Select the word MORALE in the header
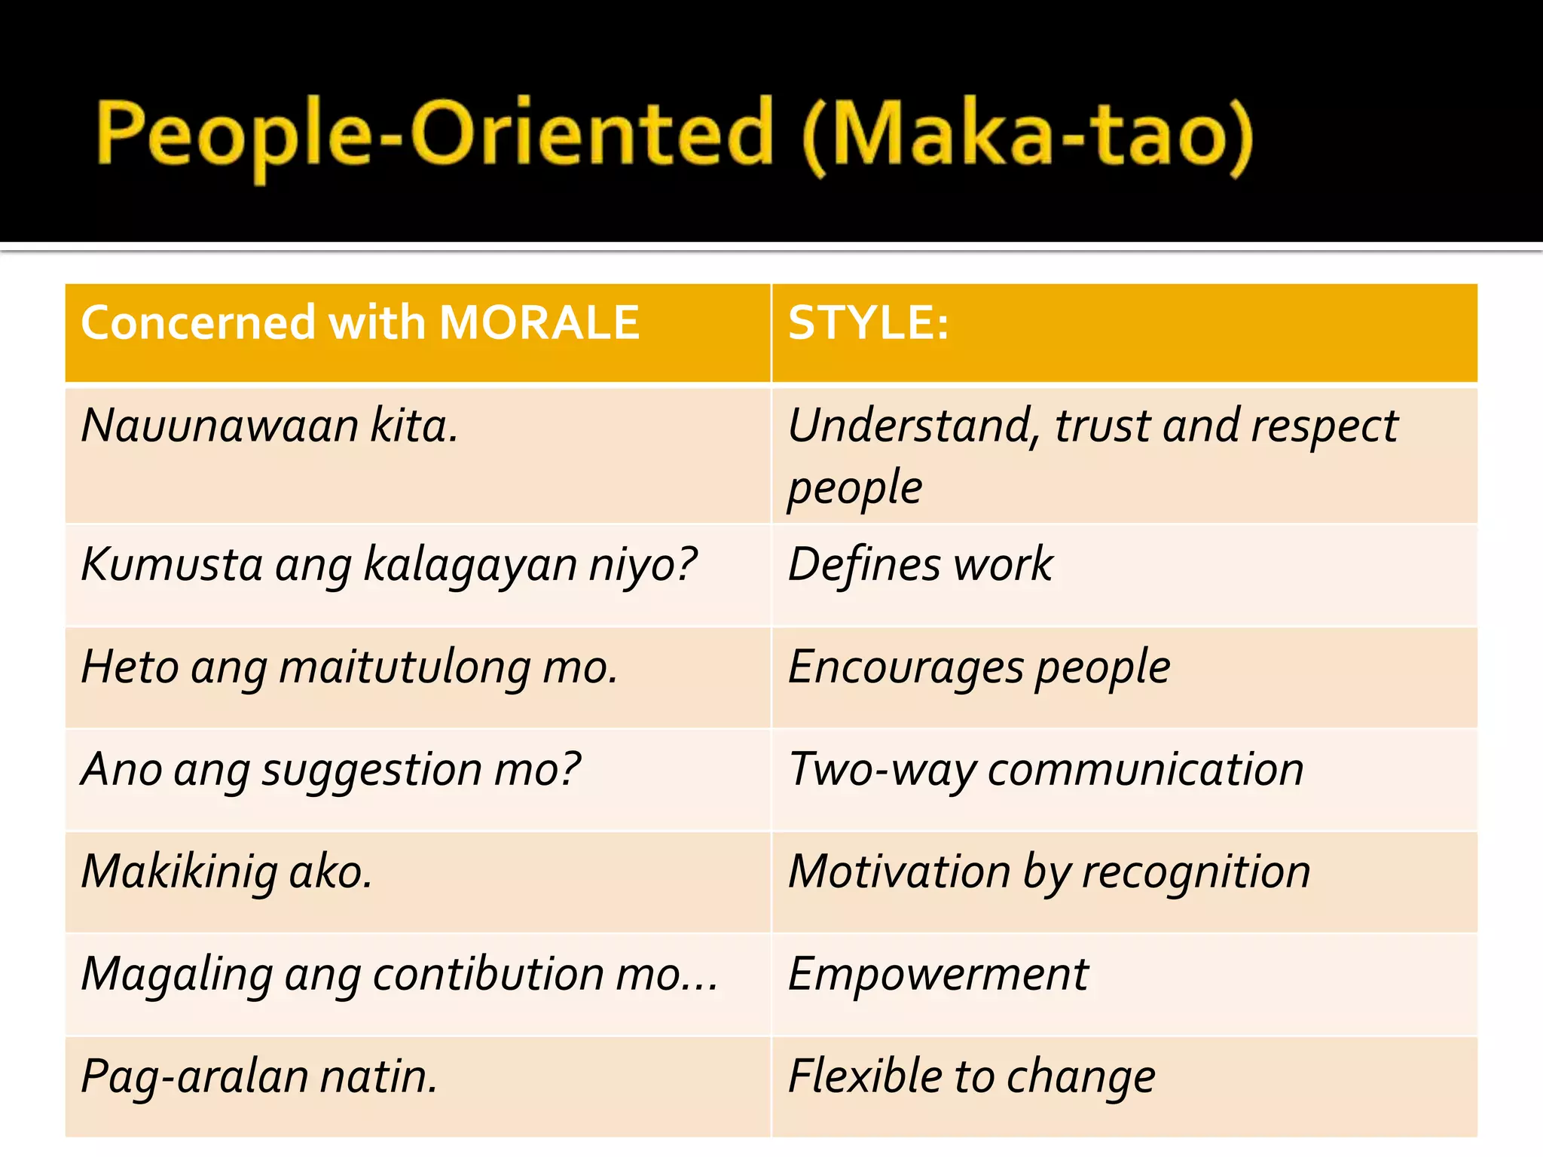click(x=539, y=323)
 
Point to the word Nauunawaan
click(x=219, y=426)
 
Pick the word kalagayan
click(x=470, y=565)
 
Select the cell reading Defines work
click(x=920, y=564)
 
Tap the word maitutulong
click(x=404, y=668)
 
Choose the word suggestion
click(x=371, y=771)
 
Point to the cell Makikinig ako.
click(x=227, y=872)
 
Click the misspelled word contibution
click(x=488, y=974)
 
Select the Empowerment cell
click(x=938, y=974)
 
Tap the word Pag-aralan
click(x=194, y=1076)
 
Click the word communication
click(x=1145, y=770)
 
